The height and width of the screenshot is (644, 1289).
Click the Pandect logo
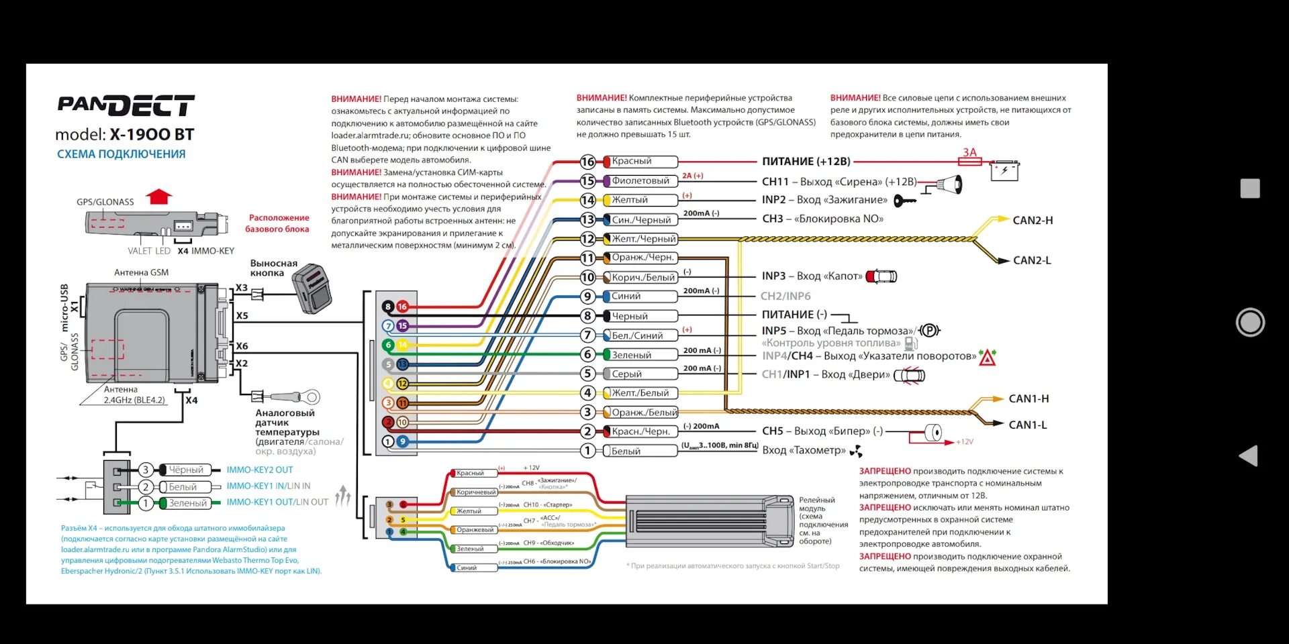coord(126,105)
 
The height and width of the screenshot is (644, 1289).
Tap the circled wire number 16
coord(587,162)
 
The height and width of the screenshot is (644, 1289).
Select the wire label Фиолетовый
coord(640,180)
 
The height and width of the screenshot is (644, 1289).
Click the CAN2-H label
coord(1033,220)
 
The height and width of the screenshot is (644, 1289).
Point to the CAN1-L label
coord(1028,425)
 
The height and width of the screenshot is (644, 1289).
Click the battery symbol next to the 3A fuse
coord(1004,170)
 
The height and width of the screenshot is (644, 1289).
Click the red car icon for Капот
coord(881,276)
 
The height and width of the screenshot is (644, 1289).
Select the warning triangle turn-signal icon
coord(987,358)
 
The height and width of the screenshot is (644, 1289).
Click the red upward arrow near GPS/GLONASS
coord(159,197)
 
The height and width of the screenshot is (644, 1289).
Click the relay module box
coord(709,522)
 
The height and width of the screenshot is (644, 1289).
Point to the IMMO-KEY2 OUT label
coord(260,470)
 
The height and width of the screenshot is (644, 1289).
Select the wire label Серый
coord(627,374)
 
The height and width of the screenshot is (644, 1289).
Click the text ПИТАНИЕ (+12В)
coord(806,162)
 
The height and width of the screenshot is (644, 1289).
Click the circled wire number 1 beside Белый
coord(587,451)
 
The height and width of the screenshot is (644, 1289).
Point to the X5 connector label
coord(242,315)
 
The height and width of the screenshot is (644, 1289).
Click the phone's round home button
coord(1250,323)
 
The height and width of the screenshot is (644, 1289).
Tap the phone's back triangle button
coord(1249,456)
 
